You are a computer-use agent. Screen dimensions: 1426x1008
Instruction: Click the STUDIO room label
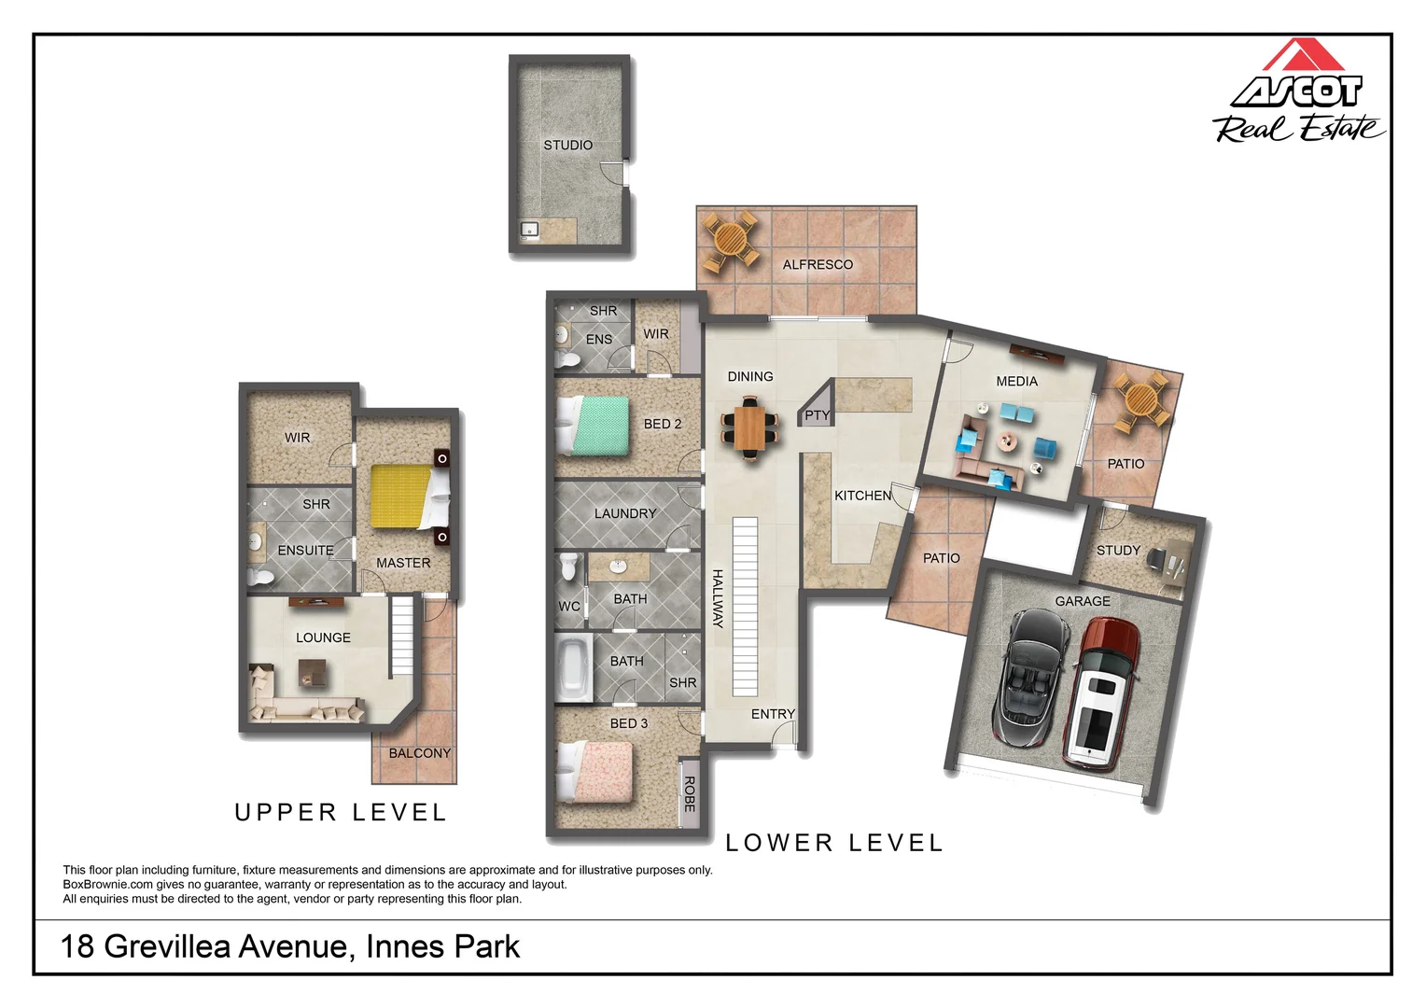[567, 146]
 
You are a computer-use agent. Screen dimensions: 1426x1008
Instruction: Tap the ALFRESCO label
[818, 264]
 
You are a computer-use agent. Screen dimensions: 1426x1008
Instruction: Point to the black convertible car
[1031, 678]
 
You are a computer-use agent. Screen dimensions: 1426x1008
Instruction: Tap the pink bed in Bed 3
[595, 772]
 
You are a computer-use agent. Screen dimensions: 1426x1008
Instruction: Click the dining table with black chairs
[750, 427]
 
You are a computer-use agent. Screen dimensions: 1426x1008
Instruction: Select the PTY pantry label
[818, 415]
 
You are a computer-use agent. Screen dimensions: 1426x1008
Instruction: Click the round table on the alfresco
[730, 241]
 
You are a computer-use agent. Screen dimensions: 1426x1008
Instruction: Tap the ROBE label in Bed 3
[690, 793]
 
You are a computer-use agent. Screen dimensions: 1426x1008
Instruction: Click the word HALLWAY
[718, 598]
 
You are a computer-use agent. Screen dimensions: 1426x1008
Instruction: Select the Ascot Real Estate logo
[1297, 91]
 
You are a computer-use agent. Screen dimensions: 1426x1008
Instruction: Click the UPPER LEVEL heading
[341, 813]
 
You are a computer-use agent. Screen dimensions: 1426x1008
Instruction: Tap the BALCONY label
[420, 753]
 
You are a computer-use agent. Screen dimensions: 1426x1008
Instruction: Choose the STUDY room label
[1118, 550]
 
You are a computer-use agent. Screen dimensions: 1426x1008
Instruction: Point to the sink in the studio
[530, 230]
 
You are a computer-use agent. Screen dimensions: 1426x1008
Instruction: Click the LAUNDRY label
[625, 513]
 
